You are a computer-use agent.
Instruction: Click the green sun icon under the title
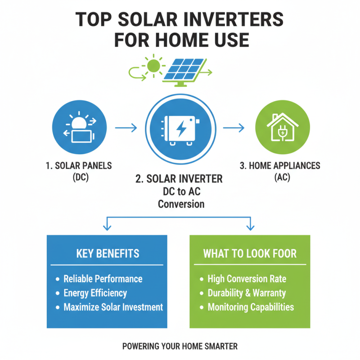[x=154, y=66]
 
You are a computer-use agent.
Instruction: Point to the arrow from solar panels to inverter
[x=126, y=128]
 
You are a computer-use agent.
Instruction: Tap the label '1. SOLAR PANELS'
[x=79, y=166]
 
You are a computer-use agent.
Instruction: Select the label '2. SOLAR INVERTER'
[x=179, y=179]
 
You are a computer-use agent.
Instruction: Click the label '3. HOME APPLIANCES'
[x=280, y=166]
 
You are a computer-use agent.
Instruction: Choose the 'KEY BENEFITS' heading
[x=108, y=253]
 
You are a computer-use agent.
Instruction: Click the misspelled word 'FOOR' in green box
[x=282, y=253]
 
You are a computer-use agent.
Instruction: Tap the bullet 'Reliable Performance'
[x=103, y=279]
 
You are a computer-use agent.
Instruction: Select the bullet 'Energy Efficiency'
[x=95, y=293]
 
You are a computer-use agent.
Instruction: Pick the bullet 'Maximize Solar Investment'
[x=113, y=308]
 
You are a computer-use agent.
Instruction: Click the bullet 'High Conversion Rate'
[x=247, y=279]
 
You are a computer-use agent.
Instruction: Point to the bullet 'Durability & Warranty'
[x=247, y=293]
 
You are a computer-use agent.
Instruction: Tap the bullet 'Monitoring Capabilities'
[x=251, y=308]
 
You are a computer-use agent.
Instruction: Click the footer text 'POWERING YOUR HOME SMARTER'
[x=180, y=346]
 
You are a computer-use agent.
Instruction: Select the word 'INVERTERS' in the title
[x=236, y=20]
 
